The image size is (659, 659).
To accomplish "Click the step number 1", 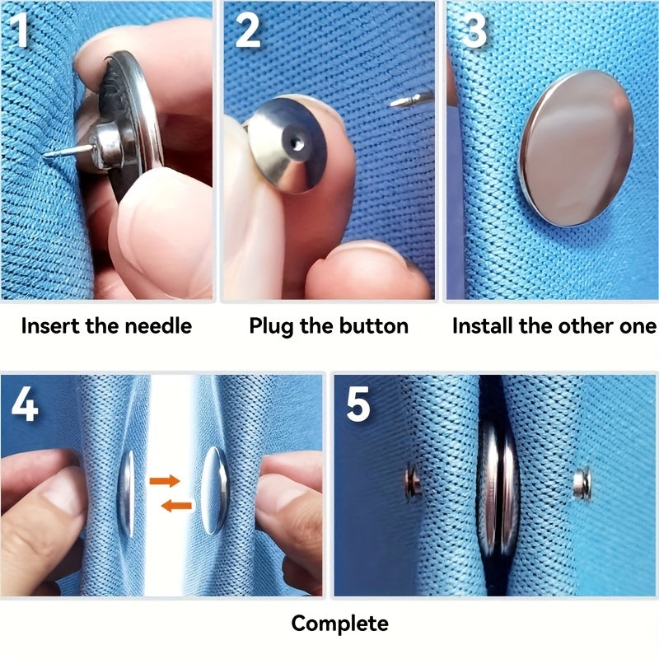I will click(20, 30).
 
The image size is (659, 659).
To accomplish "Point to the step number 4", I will click(24, 403).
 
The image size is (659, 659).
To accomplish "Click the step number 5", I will click(359, 403).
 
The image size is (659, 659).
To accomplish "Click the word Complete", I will click(339, 623).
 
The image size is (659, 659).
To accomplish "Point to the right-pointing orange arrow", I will click(165, 479).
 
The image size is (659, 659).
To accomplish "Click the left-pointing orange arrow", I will click(176, 504).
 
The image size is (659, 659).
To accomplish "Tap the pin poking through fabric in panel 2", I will click(404, 101).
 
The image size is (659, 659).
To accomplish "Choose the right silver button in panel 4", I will click(213, 491).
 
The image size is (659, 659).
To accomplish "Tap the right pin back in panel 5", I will click(582, 483).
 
